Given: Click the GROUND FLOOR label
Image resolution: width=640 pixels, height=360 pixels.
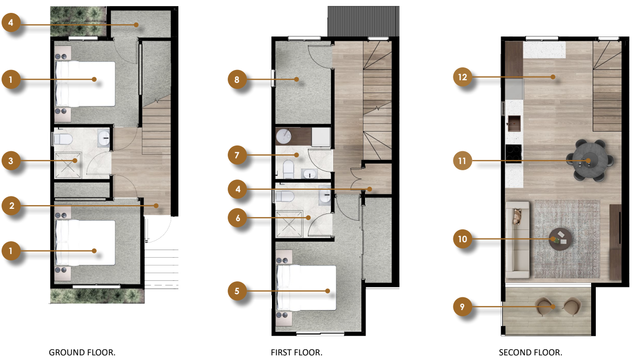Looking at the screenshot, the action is point(82,352).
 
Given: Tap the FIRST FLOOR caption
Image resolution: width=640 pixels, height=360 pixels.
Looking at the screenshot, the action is point(296,352).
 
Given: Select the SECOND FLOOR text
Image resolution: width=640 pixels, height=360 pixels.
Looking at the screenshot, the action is point(531,352).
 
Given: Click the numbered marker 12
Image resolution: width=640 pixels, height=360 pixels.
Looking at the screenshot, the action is point(462,77).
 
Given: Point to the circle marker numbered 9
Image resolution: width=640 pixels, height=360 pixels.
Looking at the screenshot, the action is point(462,307).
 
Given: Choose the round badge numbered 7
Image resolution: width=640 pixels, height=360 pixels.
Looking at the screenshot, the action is point(237,155).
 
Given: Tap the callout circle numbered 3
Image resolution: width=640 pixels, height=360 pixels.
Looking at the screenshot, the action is point(11,160).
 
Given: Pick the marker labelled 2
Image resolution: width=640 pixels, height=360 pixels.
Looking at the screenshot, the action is point(11,206).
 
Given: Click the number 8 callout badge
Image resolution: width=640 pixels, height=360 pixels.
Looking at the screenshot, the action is point(237,80).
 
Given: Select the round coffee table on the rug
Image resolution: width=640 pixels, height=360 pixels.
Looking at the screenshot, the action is point(560,239).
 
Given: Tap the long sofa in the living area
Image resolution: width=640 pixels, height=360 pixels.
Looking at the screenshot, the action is point(518,240).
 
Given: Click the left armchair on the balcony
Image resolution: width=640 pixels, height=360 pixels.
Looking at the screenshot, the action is point(544,307).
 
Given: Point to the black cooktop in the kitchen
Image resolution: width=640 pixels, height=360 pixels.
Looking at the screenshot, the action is point(514,152).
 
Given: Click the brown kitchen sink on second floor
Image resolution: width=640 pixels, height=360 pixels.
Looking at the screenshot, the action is point(514,123).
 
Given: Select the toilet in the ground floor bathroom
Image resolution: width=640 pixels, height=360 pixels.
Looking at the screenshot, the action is point(63,139).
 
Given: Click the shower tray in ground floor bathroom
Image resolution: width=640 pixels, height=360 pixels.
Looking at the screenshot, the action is point(68,165).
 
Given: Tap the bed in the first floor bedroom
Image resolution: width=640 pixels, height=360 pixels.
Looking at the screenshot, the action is point(306,288).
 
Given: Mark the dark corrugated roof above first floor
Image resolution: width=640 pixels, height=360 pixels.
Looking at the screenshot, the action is point(363,22).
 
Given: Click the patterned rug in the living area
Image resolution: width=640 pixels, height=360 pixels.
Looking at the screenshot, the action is point(567,239).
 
